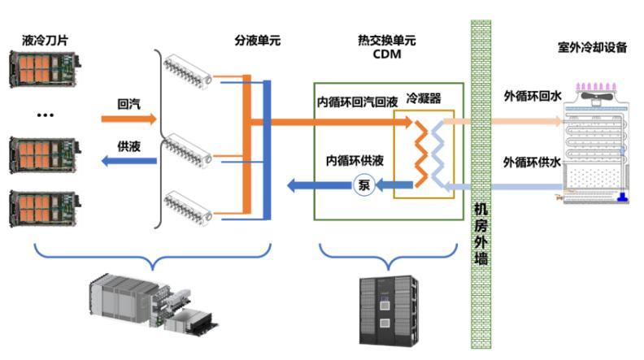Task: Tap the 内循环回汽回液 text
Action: [357, 103]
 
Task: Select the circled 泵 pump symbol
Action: [363, 184]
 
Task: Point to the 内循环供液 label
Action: [355, 162]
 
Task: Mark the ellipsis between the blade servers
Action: [44, 115]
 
